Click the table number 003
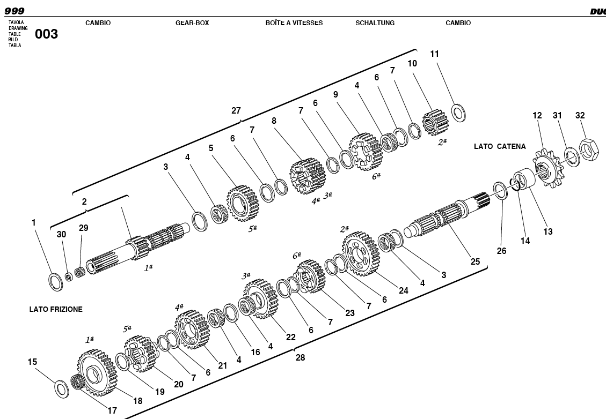tap(46, 34)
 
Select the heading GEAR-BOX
tap(192, 23)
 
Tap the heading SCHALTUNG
tap(375, 23)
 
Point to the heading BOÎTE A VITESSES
tap(294, 23)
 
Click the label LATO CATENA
tap(500, 146)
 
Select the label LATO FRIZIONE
tap(56, 309)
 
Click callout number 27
tap(236, 110)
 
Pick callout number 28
tap(300, 357)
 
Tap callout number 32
tap(580, 115)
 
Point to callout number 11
tap(435, 54)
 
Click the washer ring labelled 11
tap(458, 113)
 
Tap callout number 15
tap(32, 362)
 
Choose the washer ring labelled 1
tap(55, 281)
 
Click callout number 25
tap(475, 262)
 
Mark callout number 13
tap(547, 231)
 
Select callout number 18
tap(137, 401)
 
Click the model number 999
tap(14, 11)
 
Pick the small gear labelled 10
tap(435, 122)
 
